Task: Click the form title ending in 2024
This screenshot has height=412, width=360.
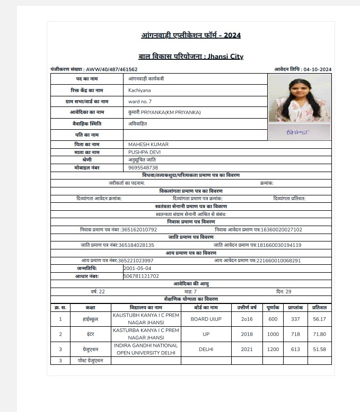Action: pyautogui.click(x=191, y=35)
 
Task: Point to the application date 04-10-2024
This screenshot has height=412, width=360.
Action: pyautogui.click(x=318, y=69)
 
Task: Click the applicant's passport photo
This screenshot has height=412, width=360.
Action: pyautogui.click(x=299, y=98)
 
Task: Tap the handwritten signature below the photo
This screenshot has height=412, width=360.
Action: pyautogui.click(x=297, y=132)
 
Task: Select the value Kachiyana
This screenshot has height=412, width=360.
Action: pyautogui.click(x=139, y=91)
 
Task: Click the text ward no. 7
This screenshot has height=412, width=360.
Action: pyautogui.click(x=140, y=101)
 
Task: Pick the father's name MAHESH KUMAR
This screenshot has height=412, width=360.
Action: pyautogui.click(x=148, y=145)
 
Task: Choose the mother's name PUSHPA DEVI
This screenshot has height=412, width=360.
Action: pyautogui.click(x=145, y=152)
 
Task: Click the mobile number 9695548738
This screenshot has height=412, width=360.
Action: pyautogui.click(x=143, y=167)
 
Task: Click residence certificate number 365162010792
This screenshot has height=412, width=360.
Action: pyautogui.click(x=139, y=230)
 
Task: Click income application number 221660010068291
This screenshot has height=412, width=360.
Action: pyautogui.click(x=278, y=261)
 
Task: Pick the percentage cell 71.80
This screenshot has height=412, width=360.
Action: pyautogui.click(x=319, y=334)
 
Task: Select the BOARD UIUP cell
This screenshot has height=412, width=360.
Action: pyautogui.click(x=206, y=319)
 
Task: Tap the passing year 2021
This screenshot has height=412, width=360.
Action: pyautogui.click(x=247, y=350)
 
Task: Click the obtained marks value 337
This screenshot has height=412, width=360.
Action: pyautogui.click(x=295, y=319)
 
